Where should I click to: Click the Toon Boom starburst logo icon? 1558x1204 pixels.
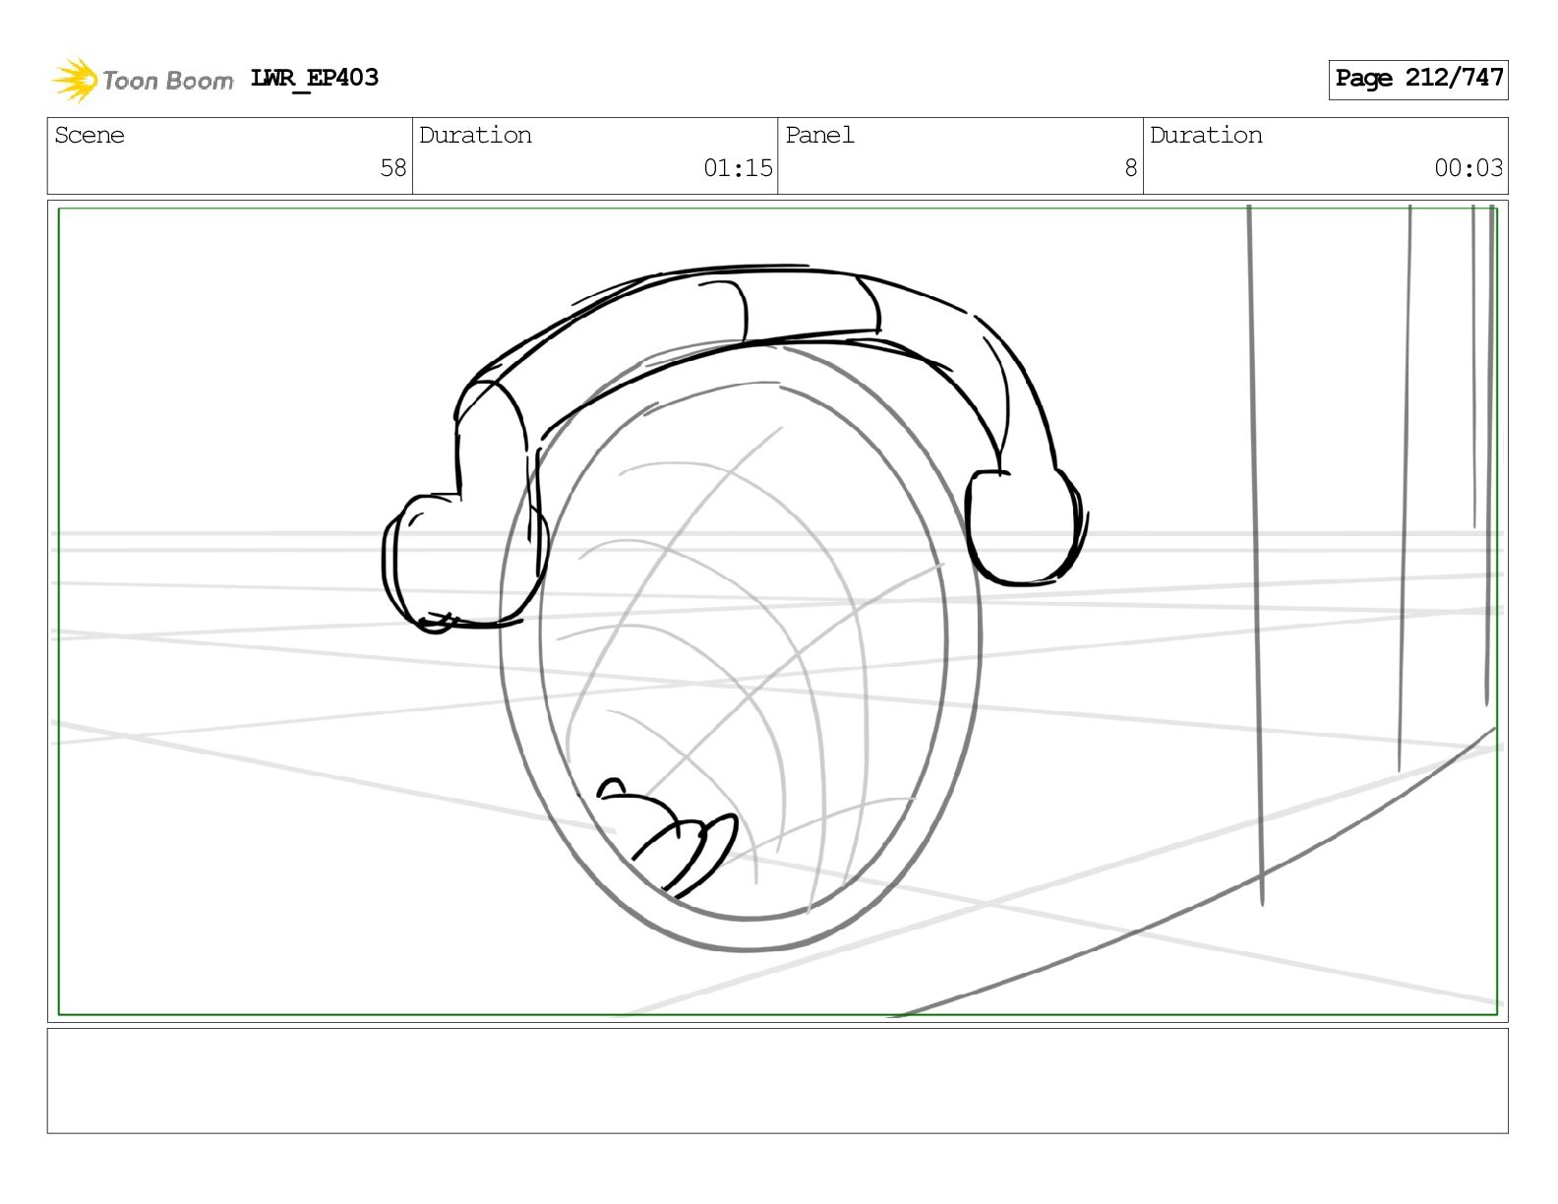click(75, 80)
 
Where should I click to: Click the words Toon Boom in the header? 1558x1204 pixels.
click(168, 81)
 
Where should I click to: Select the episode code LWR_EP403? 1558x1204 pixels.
click(314, 78)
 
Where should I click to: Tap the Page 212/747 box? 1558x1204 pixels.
click(1417, 80)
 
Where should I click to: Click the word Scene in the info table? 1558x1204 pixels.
click(90, 135)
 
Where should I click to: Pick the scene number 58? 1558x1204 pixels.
click(392, 168)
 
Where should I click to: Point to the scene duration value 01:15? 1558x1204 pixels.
click(738, 168)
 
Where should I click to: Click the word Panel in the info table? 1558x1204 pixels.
click(819, 135)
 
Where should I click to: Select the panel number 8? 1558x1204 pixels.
click(1131, 168)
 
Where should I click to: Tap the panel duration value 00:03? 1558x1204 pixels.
click(1468, 168)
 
